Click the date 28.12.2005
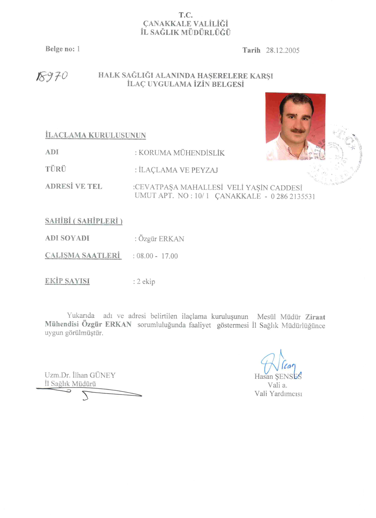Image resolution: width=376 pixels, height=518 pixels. [282, 50]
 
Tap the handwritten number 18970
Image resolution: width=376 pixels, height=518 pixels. [52, 76]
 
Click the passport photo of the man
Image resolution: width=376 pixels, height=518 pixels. [295, 126]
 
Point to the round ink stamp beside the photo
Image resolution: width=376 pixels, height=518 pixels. [340, 155]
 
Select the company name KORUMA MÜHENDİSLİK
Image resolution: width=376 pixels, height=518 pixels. [181, 153]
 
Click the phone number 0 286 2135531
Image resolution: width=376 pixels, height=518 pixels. [293, 197]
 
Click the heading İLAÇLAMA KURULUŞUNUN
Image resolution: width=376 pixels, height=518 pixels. [95, 135]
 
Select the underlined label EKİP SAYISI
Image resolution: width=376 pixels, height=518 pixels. [67, 281]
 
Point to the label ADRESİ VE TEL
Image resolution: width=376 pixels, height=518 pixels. [73, 187]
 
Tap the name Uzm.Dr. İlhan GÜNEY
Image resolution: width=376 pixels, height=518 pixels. [80, 375]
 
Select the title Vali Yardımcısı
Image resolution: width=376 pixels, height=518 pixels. [278, 394]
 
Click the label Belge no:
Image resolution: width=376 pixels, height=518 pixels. [60, 49]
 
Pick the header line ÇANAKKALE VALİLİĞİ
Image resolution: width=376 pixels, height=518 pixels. [185, 24]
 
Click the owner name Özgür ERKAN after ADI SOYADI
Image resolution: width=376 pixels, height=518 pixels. [161, 239]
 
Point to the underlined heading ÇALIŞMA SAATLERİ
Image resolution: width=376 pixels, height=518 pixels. [83, 255]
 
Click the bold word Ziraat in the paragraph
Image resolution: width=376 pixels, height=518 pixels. [315, 317]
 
